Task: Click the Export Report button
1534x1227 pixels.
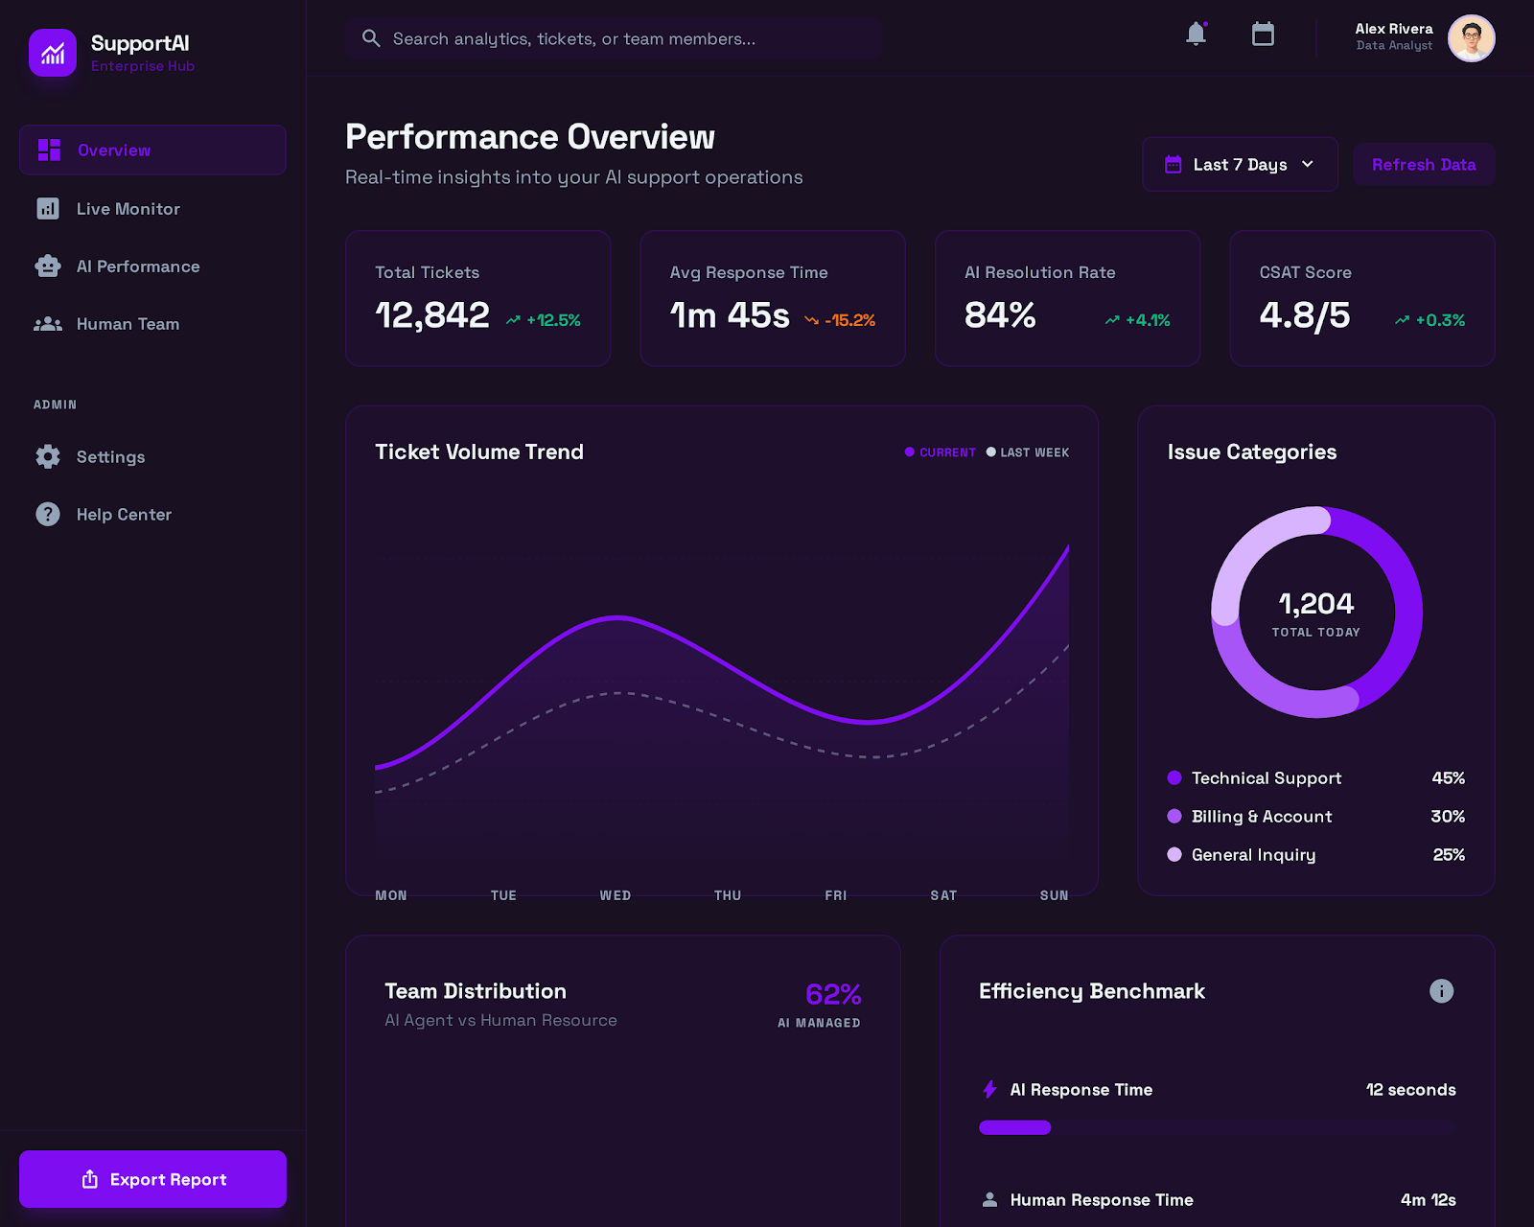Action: pyautogui.click(x=153, y=1179)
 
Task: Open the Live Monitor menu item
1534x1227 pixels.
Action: pyautogui.click(x=128, y=209)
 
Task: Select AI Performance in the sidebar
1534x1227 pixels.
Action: pyautogui.click(x=137, y=266)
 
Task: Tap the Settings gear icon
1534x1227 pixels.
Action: pyautogui.click(x=48, y=457)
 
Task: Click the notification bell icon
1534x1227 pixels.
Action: pyautogui.click(x=1196, y=35)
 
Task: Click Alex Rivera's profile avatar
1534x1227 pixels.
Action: pyautogui.click(x=1471, y=38)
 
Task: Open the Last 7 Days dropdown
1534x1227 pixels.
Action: pyautogui.click(x=1239, y=165)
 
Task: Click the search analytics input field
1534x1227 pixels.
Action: pyautogui.click(x=614, y=39)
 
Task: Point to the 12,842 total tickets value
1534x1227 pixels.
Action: pyautogui.click(x=432, y=315)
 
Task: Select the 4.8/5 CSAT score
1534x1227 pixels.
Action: pyautogui.click(x=1304, y=315)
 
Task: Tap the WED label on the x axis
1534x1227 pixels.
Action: pyautogui.click(x=616, y=895)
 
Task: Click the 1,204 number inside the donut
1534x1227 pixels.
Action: pyautogui.click(x=1315, y=604)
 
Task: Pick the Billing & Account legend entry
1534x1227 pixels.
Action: pyautogui.click(x=1261, y=817)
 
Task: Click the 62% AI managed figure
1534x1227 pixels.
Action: pyautogui.click(x=832, y=995)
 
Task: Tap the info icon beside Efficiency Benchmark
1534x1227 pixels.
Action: pyautogui.click(x=1441, y=991)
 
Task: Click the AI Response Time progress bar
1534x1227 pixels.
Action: pyautogui.click(x=1218, y=1128)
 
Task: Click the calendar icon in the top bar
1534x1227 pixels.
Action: pyautogui.click(x=1263, y=35)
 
